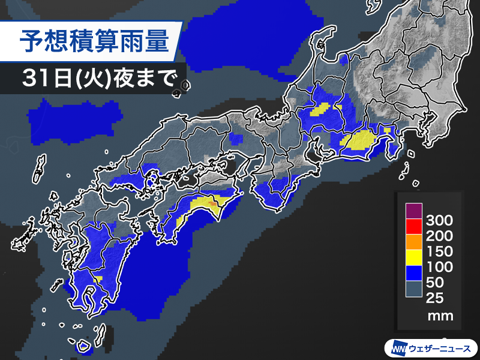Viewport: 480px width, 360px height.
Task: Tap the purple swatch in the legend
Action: [413, 212]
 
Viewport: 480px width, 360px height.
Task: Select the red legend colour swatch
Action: [413, 227]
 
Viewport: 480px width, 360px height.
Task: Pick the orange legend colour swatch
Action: [413, 242]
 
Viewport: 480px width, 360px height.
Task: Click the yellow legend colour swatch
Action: [413, 258]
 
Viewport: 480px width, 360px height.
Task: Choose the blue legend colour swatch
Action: [413, 274]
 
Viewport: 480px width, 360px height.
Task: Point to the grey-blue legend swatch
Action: [413, 289]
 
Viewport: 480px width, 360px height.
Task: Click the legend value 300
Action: [439, 220]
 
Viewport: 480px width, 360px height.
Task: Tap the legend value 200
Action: [439, 236]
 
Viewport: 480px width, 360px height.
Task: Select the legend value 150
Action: [439, 251]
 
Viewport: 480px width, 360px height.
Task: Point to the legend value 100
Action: [439, 267]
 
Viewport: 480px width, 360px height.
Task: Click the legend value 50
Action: [436, 283]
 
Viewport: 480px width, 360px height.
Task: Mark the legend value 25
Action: [436, 298]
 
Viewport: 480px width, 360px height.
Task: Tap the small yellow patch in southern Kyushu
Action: [98, 278]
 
